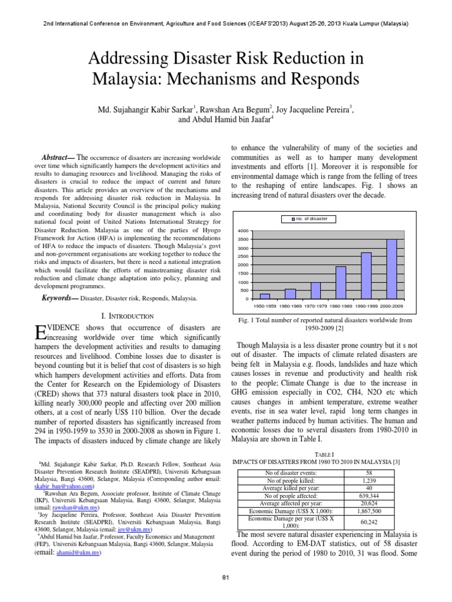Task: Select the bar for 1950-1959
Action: pos(265,296)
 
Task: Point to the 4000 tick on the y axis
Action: pos(242,231)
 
